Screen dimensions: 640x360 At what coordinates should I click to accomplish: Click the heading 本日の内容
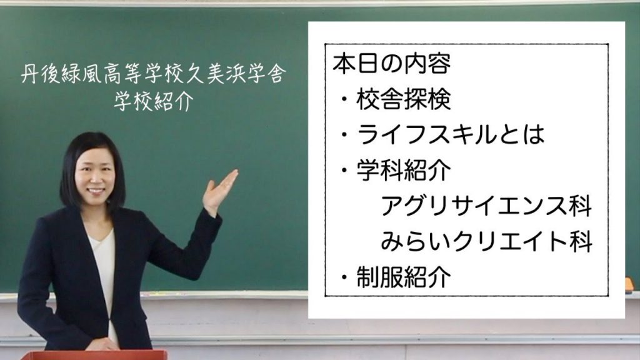(391, 64)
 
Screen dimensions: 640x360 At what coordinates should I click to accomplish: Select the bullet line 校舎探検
(403, 99)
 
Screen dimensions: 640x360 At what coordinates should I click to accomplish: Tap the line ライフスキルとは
(451, 134)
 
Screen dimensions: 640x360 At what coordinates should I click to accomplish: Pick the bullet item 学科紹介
(404, 170)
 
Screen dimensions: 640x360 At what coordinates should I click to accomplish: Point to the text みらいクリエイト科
(486, 241)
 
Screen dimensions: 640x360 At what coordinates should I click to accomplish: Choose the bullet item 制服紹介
(404, 277)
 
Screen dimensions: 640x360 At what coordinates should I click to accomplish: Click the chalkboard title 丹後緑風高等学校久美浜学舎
(154, 74)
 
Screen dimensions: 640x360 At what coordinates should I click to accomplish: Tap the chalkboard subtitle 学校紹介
(154, 100)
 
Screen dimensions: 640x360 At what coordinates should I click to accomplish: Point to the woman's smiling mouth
(96, 191)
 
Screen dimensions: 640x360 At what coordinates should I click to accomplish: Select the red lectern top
(94, 355)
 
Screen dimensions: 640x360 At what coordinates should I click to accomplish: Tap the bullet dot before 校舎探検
(345, 99)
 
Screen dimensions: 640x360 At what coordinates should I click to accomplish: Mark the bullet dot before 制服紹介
(345, 277)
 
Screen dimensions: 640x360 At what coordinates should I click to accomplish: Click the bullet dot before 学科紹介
(345, 170)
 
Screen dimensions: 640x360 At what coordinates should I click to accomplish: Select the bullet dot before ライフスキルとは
(345, 135)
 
